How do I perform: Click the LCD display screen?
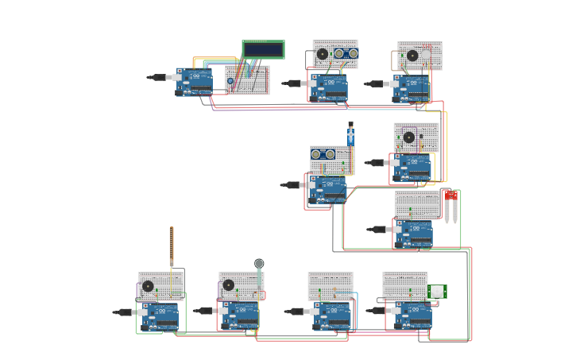click(263, 49)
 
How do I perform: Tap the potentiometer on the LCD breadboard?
click(230, 80)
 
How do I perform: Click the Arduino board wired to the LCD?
click(195, 80)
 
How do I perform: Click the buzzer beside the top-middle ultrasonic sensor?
click(322, 54)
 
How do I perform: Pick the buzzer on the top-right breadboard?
click(412, 56)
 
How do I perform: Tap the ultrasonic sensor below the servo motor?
click(323, 154)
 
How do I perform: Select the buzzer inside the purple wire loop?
click(408, 137)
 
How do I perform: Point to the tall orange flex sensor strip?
click(171, 247)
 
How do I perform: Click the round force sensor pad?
click(259, 264)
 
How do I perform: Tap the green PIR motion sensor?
click(437, 292)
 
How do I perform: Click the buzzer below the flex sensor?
click(148, 286)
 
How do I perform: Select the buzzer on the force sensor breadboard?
click(229, 285)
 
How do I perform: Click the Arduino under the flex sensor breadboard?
click(160, 316)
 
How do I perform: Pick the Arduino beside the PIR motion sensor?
click(413, 315)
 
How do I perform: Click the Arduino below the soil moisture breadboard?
click(413, 233)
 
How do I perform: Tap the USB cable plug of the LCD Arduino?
click(159, 78)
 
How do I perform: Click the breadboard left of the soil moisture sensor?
click(417, 205)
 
